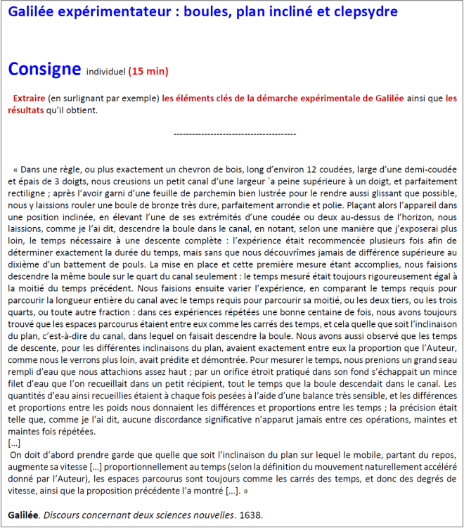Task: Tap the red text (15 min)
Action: point(148,72)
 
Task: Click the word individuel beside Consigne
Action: point(105,72)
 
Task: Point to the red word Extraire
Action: point(30,98)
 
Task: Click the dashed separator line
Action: point(234,134)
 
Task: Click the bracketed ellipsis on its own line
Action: point(15,444)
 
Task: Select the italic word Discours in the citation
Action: point(64,515)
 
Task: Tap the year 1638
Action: point(252,515)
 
